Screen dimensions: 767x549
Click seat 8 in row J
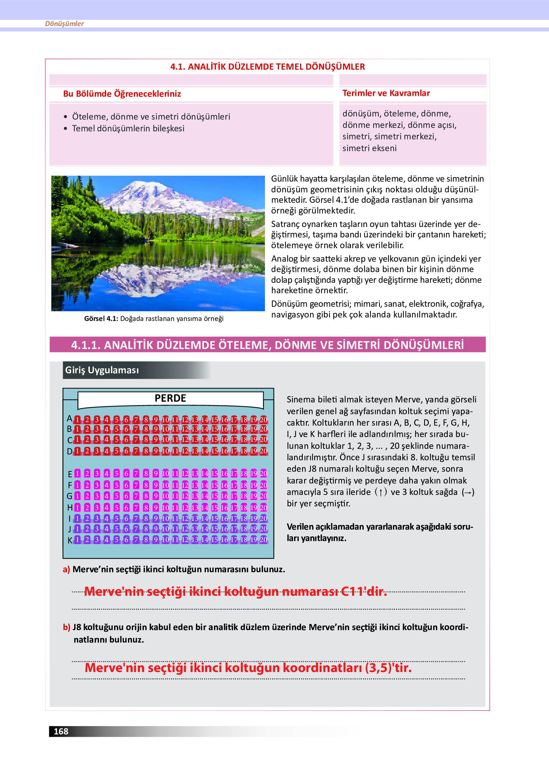click(146, 529)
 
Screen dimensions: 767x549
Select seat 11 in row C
click(175, 439)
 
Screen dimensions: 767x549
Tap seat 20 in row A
click(264, 419)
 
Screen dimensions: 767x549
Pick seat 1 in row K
click(78, 539)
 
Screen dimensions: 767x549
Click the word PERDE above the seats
click(170, 398)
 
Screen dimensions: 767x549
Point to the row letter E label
click(70, 474)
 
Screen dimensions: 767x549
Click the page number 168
click(61, 731)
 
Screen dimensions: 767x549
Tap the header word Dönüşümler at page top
click(65, 24)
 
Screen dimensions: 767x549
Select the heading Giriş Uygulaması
click(102, 370)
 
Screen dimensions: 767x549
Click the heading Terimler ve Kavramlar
click(386, 93)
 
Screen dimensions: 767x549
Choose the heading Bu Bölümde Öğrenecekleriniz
click(122, 94)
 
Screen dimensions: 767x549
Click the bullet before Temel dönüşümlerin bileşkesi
click(66, 129)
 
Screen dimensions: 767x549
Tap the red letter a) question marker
click(66, 569)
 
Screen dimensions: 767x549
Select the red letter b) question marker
click(66, 627)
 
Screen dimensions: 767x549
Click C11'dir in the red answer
click(364, 591)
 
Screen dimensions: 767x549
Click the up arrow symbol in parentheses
click(380, 492)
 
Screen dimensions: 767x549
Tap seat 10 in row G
click(165, 496)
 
